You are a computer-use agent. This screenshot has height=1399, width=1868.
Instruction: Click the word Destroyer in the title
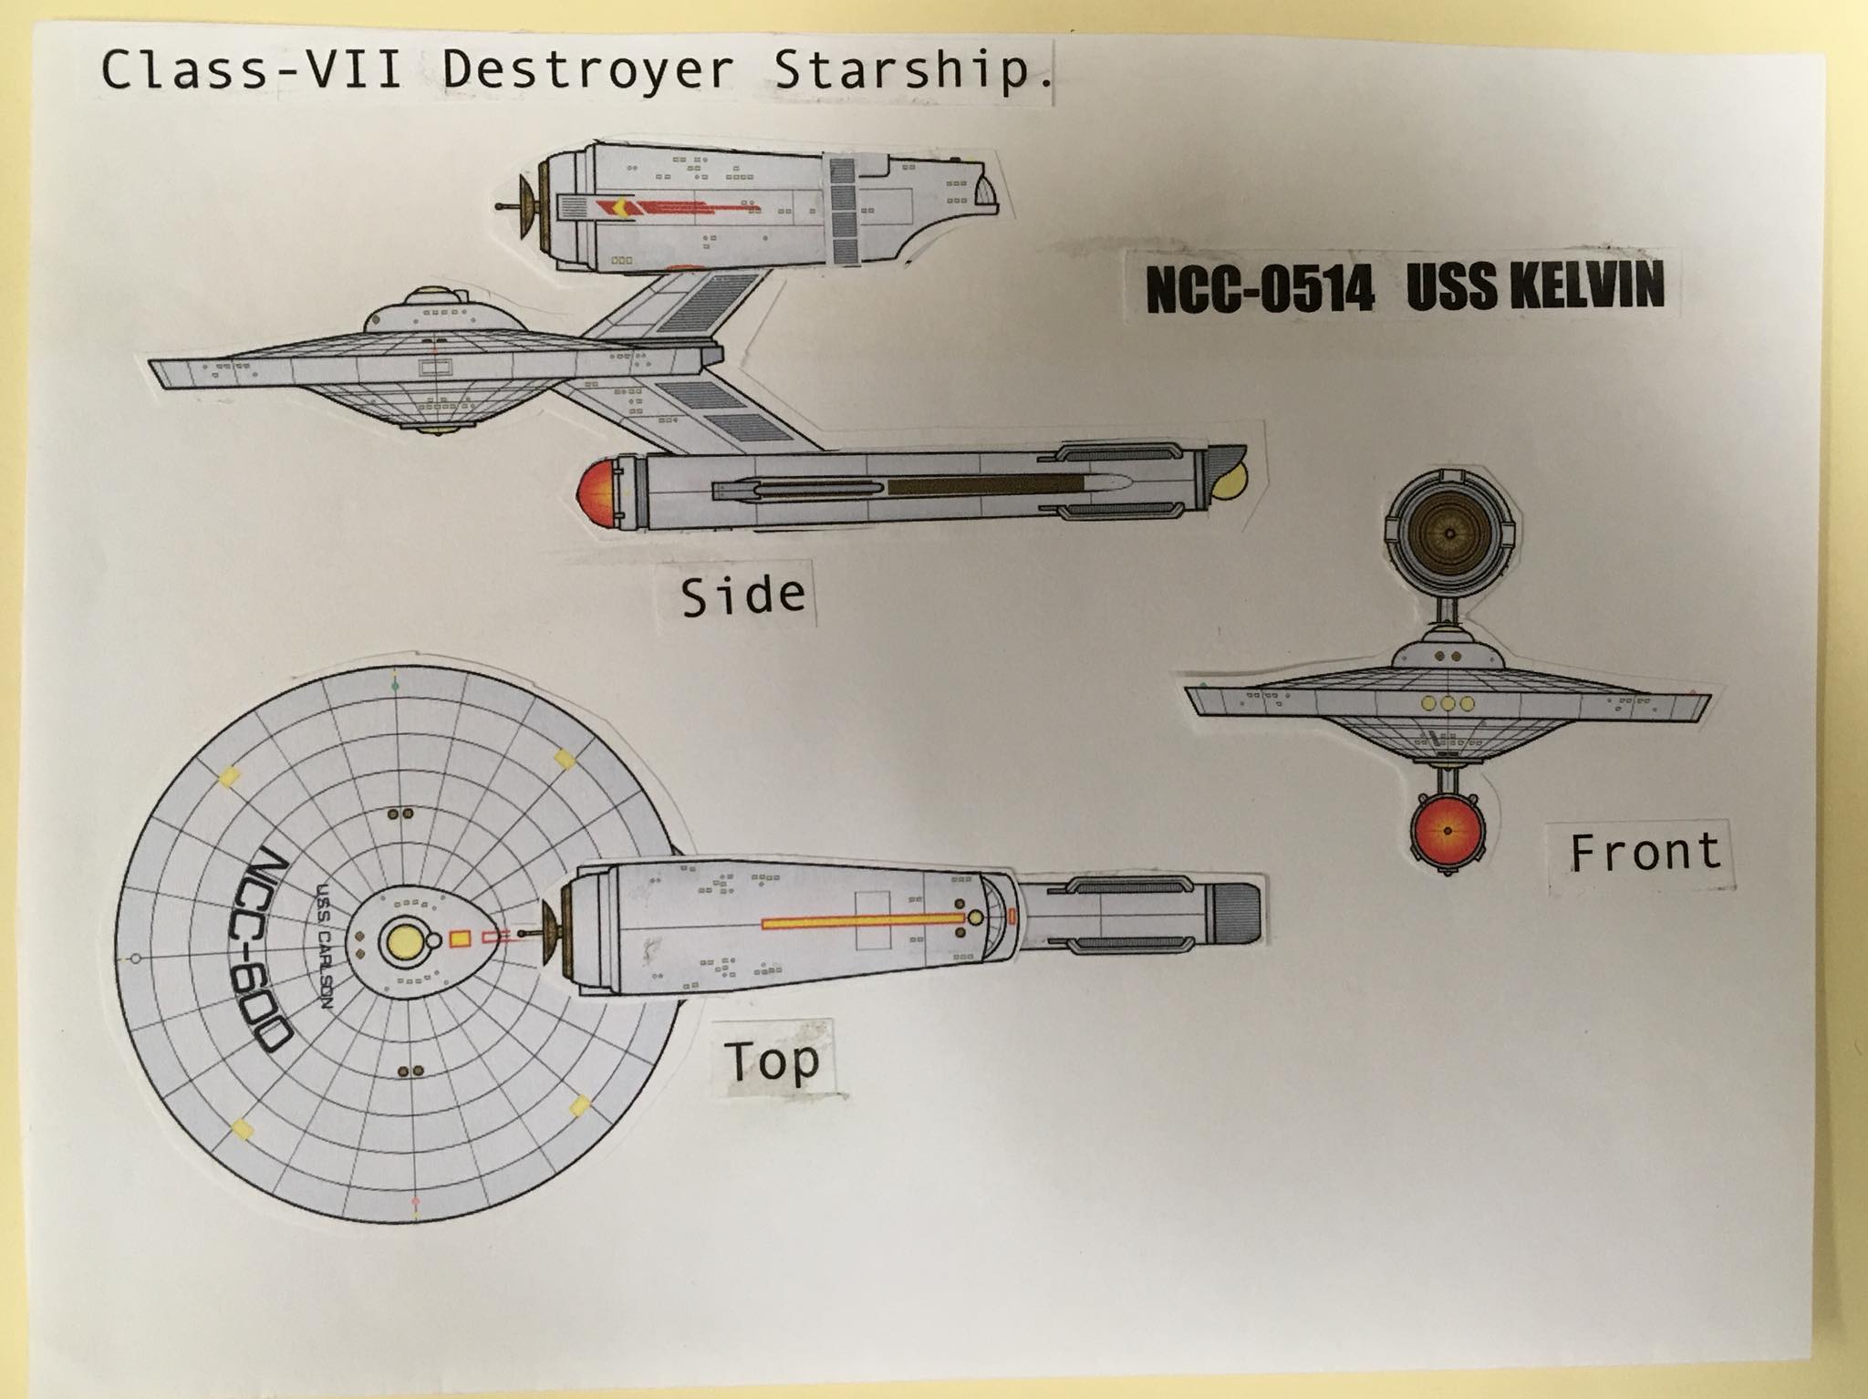coord(587,70)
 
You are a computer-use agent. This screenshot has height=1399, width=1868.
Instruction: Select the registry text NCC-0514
coord(1259,289)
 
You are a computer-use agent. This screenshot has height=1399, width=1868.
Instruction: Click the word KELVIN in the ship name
coord(1587,284)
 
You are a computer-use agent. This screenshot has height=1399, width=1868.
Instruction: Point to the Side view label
coord(743,596)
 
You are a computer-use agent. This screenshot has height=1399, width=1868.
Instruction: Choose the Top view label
coord(772,1061)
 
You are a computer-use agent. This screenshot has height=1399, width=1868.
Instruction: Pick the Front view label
coord(1644,853)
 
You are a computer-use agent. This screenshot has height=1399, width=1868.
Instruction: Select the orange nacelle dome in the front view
coord(1447,831)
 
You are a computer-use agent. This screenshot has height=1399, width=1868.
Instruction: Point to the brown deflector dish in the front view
coord(1448,533)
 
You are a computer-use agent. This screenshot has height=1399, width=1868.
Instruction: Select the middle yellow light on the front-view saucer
coord(1448,704)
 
